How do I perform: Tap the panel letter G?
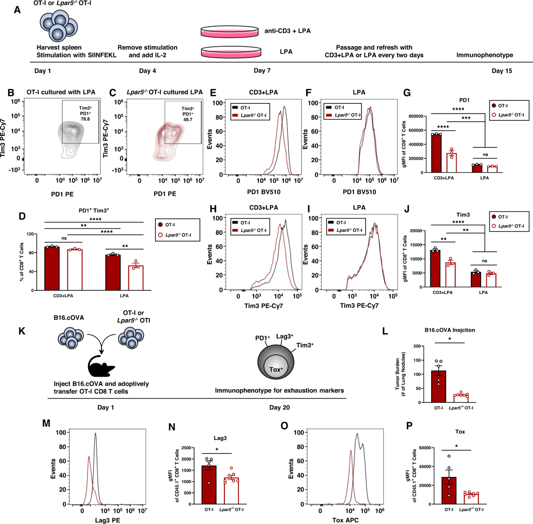click(406, 93)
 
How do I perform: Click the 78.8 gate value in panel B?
click(85, 119)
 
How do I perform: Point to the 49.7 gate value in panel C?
click(187, 119)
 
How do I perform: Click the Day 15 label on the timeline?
click(501, 71)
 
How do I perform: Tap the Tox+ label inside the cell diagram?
click(276, 369)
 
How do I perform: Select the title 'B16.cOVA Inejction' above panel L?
click(449, 330)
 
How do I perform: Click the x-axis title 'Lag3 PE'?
click(107, 520)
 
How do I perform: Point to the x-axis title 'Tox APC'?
click(345, 520)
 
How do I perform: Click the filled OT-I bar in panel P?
click(449, 491)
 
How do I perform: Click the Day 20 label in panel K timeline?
click(279, 407)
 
